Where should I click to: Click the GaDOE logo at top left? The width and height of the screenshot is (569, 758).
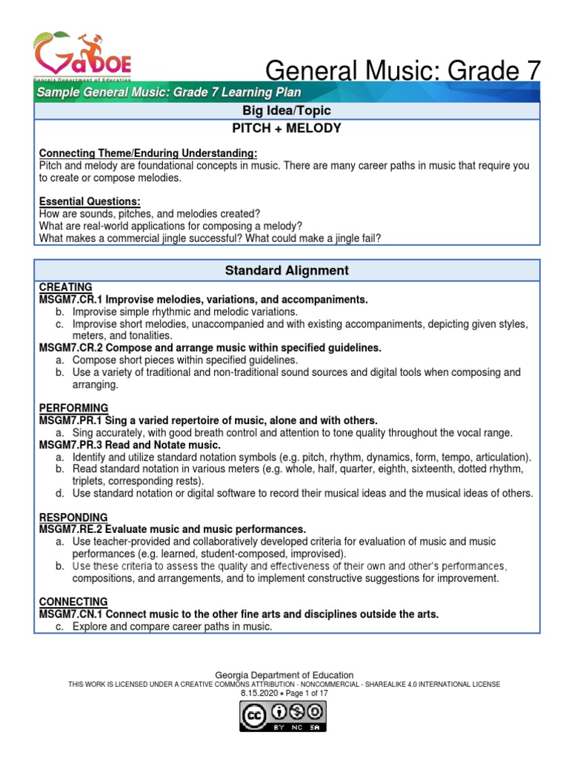tap(82, 56)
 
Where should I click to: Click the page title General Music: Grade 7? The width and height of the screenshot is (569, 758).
tap(402, 70)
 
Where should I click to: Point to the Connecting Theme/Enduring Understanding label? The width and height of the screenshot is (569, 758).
tap(147, 153)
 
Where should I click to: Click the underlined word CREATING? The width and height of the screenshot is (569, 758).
tap(65, 286)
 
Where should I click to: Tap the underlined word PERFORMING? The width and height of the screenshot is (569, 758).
tap(73, 408)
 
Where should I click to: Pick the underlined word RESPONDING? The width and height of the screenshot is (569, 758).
tap(73, 517)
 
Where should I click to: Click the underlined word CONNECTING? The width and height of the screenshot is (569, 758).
tap(73, 602)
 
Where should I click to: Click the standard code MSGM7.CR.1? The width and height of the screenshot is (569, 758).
tap(71, 299)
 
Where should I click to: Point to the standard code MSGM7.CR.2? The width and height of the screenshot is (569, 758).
tap(71, 347)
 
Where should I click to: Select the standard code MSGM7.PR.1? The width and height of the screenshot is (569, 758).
tap(71, 420)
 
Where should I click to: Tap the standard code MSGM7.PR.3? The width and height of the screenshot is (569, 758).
tap(71, 444)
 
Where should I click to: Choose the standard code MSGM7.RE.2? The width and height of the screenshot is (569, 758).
tap(71, 529)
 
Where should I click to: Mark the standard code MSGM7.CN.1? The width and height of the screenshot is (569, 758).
tap(71, 614)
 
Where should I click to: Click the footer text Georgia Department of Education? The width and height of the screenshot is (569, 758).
tap(284, 675)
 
